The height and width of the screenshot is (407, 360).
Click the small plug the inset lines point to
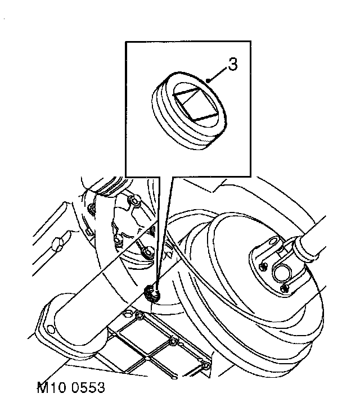[x=151, y=292]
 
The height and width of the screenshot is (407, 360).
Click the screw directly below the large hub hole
[x=285, y=288]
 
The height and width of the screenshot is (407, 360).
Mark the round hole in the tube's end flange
[x=52, y=329]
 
